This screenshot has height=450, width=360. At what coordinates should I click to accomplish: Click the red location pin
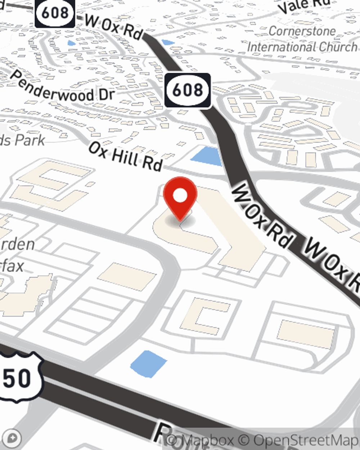(180, 196)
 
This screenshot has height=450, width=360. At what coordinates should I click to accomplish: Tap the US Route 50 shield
(20, 378)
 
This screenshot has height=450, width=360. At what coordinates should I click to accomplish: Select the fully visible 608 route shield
(188, 90)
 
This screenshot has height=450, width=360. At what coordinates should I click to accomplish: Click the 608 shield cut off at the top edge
(55, 13)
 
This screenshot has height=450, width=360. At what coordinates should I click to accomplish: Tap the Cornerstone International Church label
(302, 39)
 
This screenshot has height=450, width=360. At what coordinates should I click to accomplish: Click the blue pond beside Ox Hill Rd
(207, 156)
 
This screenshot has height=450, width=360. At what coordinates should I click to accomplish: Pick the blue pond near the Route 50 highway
(148, 364)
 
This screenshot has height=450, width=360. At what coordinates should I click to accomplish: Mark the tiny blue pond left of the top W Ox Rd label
(72, 43)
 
